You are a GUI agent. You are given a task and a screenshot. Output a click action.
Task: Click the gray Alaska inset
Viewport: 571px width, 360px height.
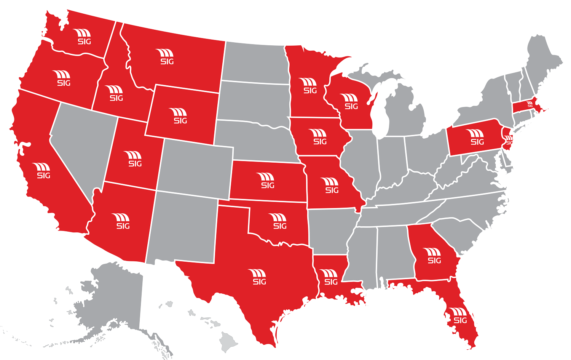coord(114,301)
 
